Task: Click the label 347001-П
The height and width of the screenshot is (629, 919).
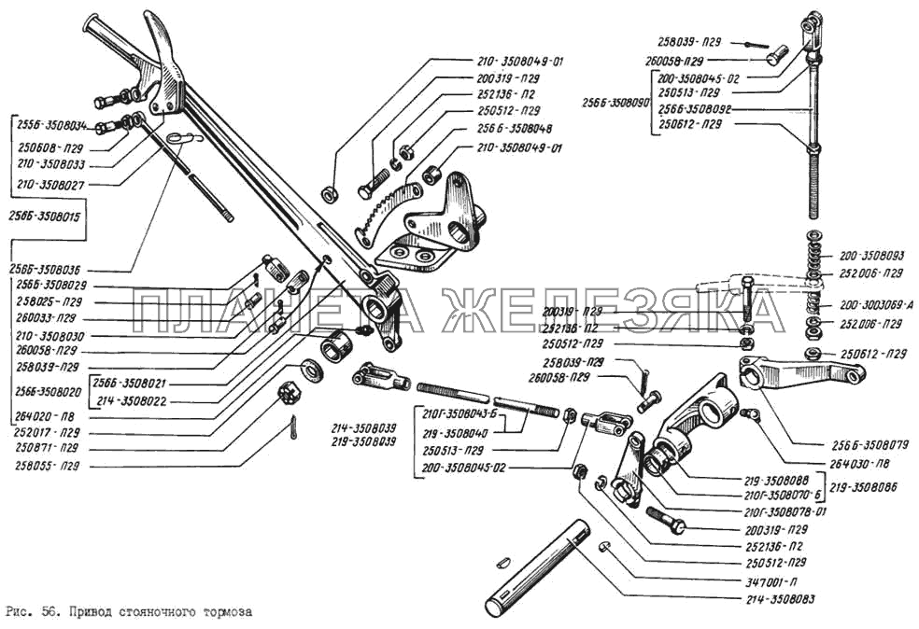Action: point(769,580)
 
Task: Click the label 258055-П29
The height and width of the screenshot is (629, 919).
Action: point(47,464)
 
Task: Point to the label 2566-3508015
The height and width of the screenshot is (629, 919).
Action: point(47,217)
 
